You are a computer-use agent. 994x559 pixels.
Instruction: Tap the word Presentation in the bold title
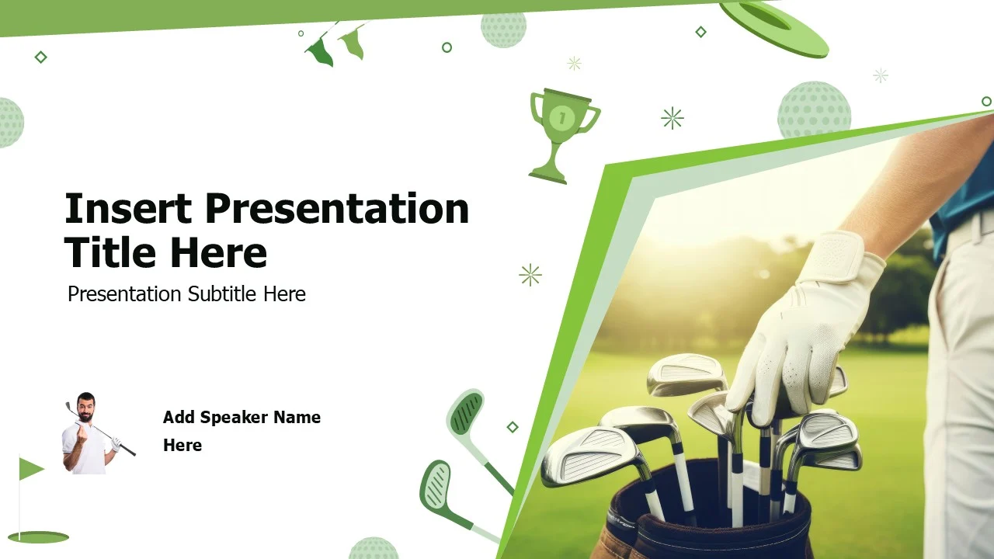point(337,208)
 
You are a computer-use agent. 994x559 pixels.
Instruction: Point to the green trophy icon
point(563,136)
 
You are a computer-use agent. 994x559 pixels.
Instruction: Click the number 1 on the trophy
point(561,119)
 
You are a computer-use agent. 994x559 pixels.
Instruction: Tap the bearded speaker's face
point(85,407)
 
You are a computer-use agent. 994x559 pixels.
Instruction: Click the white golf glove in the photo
point(804,330)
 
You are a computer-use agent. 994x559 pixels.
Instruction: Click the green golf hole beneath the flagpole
point(38,537)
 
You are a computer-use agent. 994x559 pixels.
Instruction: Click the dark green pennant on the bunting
point(319,51)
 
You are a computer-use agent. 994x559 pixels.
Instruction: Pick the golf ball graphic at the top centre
point(503,30)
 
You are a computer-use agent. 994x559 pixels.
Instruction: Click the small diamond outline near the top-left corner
point(41,57)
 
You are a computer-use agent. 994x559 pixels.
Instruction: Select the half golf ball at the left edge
point(11,123)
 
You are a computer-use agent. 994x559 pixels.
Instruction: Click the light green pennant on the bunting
point(353,43)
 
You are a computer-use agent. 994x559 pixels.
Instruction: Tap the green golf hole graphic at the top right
point(774,27)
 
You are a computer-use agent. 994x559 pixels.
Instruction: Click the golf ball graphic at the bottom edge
point(373,548)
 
